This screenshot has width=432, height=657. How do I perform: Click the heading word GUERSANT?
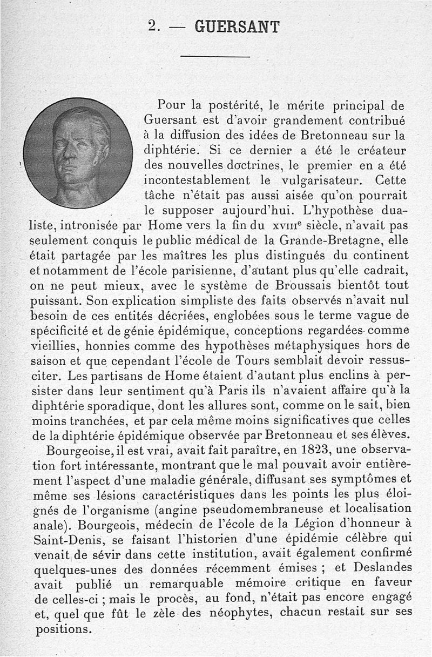(x=237, y=26)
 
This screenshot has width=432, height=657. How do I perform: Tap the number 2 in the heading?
(x=152, y=26)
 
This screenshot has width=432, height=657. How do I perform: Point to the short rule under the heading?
(x=215, y=57)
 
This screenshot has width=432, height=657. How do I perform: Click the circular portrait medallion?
(x=78, y=153)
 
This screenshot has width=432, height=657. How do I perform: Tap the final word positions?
(x=60, y=630)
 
